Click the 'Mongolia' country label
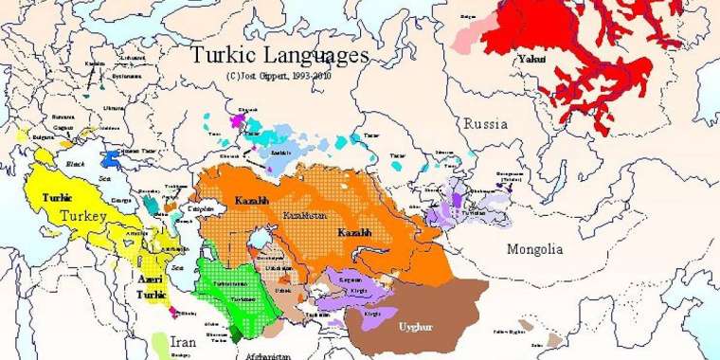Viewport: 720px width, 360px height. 534,250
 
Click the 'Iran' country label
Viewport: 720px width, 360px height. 184,342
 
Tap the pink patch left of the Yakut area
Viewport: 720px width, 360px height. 467,39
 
